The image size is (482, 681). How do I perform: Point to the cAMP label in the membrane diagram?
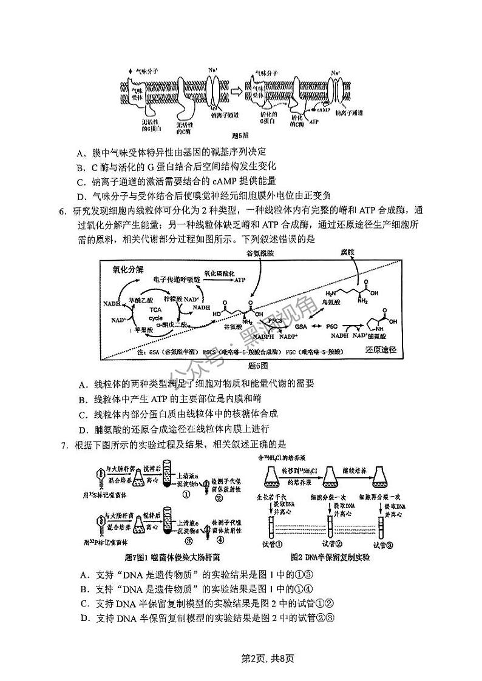322,111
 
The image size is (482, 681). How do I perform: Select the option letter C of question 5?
81,181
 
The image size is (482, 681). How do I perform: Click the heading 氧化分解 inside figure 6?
128,270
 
